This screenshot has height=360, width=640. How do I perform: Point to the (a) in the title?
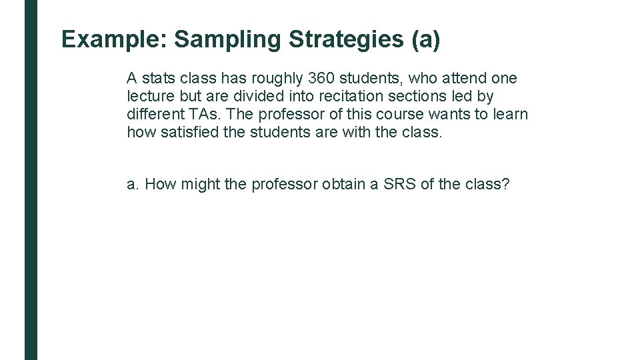pyautogui.click(x=425, y=40)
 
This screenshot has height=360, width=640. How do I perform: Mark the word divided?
pyautogui.click(x=253, y=97)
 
